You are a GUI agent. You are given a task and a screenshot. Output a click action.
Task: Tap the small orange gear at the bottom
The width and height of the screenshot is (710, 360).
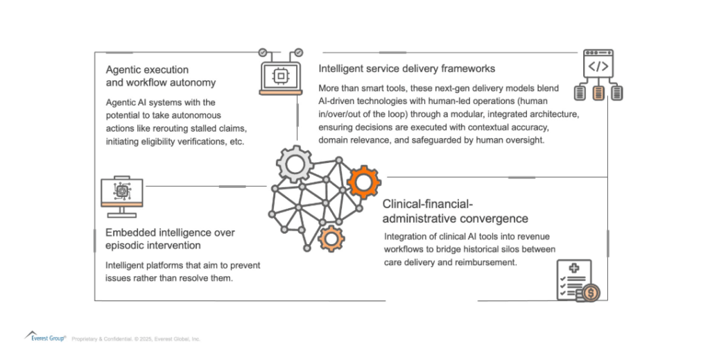(331, 238)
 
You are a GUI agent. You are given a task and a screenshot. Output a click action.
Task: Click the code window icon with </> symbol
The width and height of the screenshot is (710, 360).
(598, 66)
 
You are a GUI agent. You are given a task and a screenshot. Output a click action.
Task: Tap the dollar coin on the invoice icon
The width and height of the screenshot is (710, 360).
(591, 293)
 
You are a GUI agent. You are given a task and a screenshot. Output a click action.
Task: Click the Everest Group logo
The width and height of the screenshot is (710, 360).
(46, 338)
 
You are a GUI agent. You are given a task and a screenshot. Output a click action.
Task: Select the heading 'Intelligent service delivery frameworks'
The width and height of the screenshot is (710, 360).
(406, 69)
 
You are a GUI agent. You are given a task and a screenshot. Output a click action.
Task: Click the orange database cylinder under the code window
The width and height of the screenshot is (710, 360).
(598, 92)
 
